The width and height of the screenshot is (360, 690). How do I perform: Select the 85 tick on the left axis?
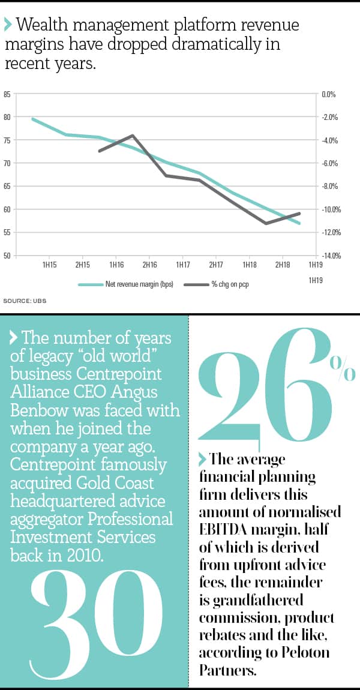click(7, 94)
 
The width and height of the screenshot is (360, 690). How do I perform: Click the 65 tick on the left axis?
click(7, 187)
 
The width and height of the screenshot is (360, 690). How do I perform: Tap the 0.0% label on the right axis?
click(329, 94)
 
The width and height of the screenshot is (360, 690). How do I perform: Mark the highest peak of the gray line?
click(132, 136)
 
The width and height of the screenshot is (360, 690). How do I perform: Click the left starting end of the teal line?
click(32, 119)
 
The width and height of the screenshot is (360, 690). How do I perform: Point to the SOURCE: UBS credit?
click(25, 300)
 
